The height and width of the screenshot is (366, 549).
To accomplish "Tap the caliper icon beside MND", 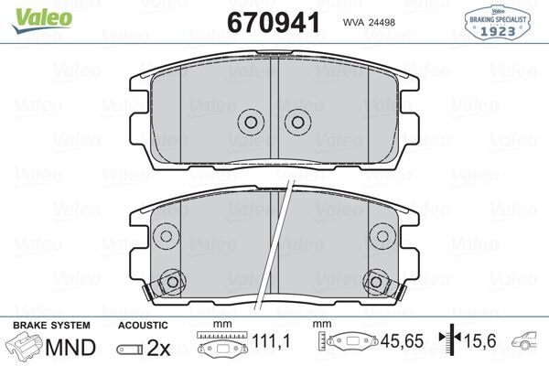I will [27, 349].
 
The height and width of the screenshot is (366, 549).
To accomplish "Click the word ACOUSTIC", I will [144, 326].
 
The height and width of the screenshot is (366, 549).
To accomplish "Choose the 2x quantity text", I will [159, 349].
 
